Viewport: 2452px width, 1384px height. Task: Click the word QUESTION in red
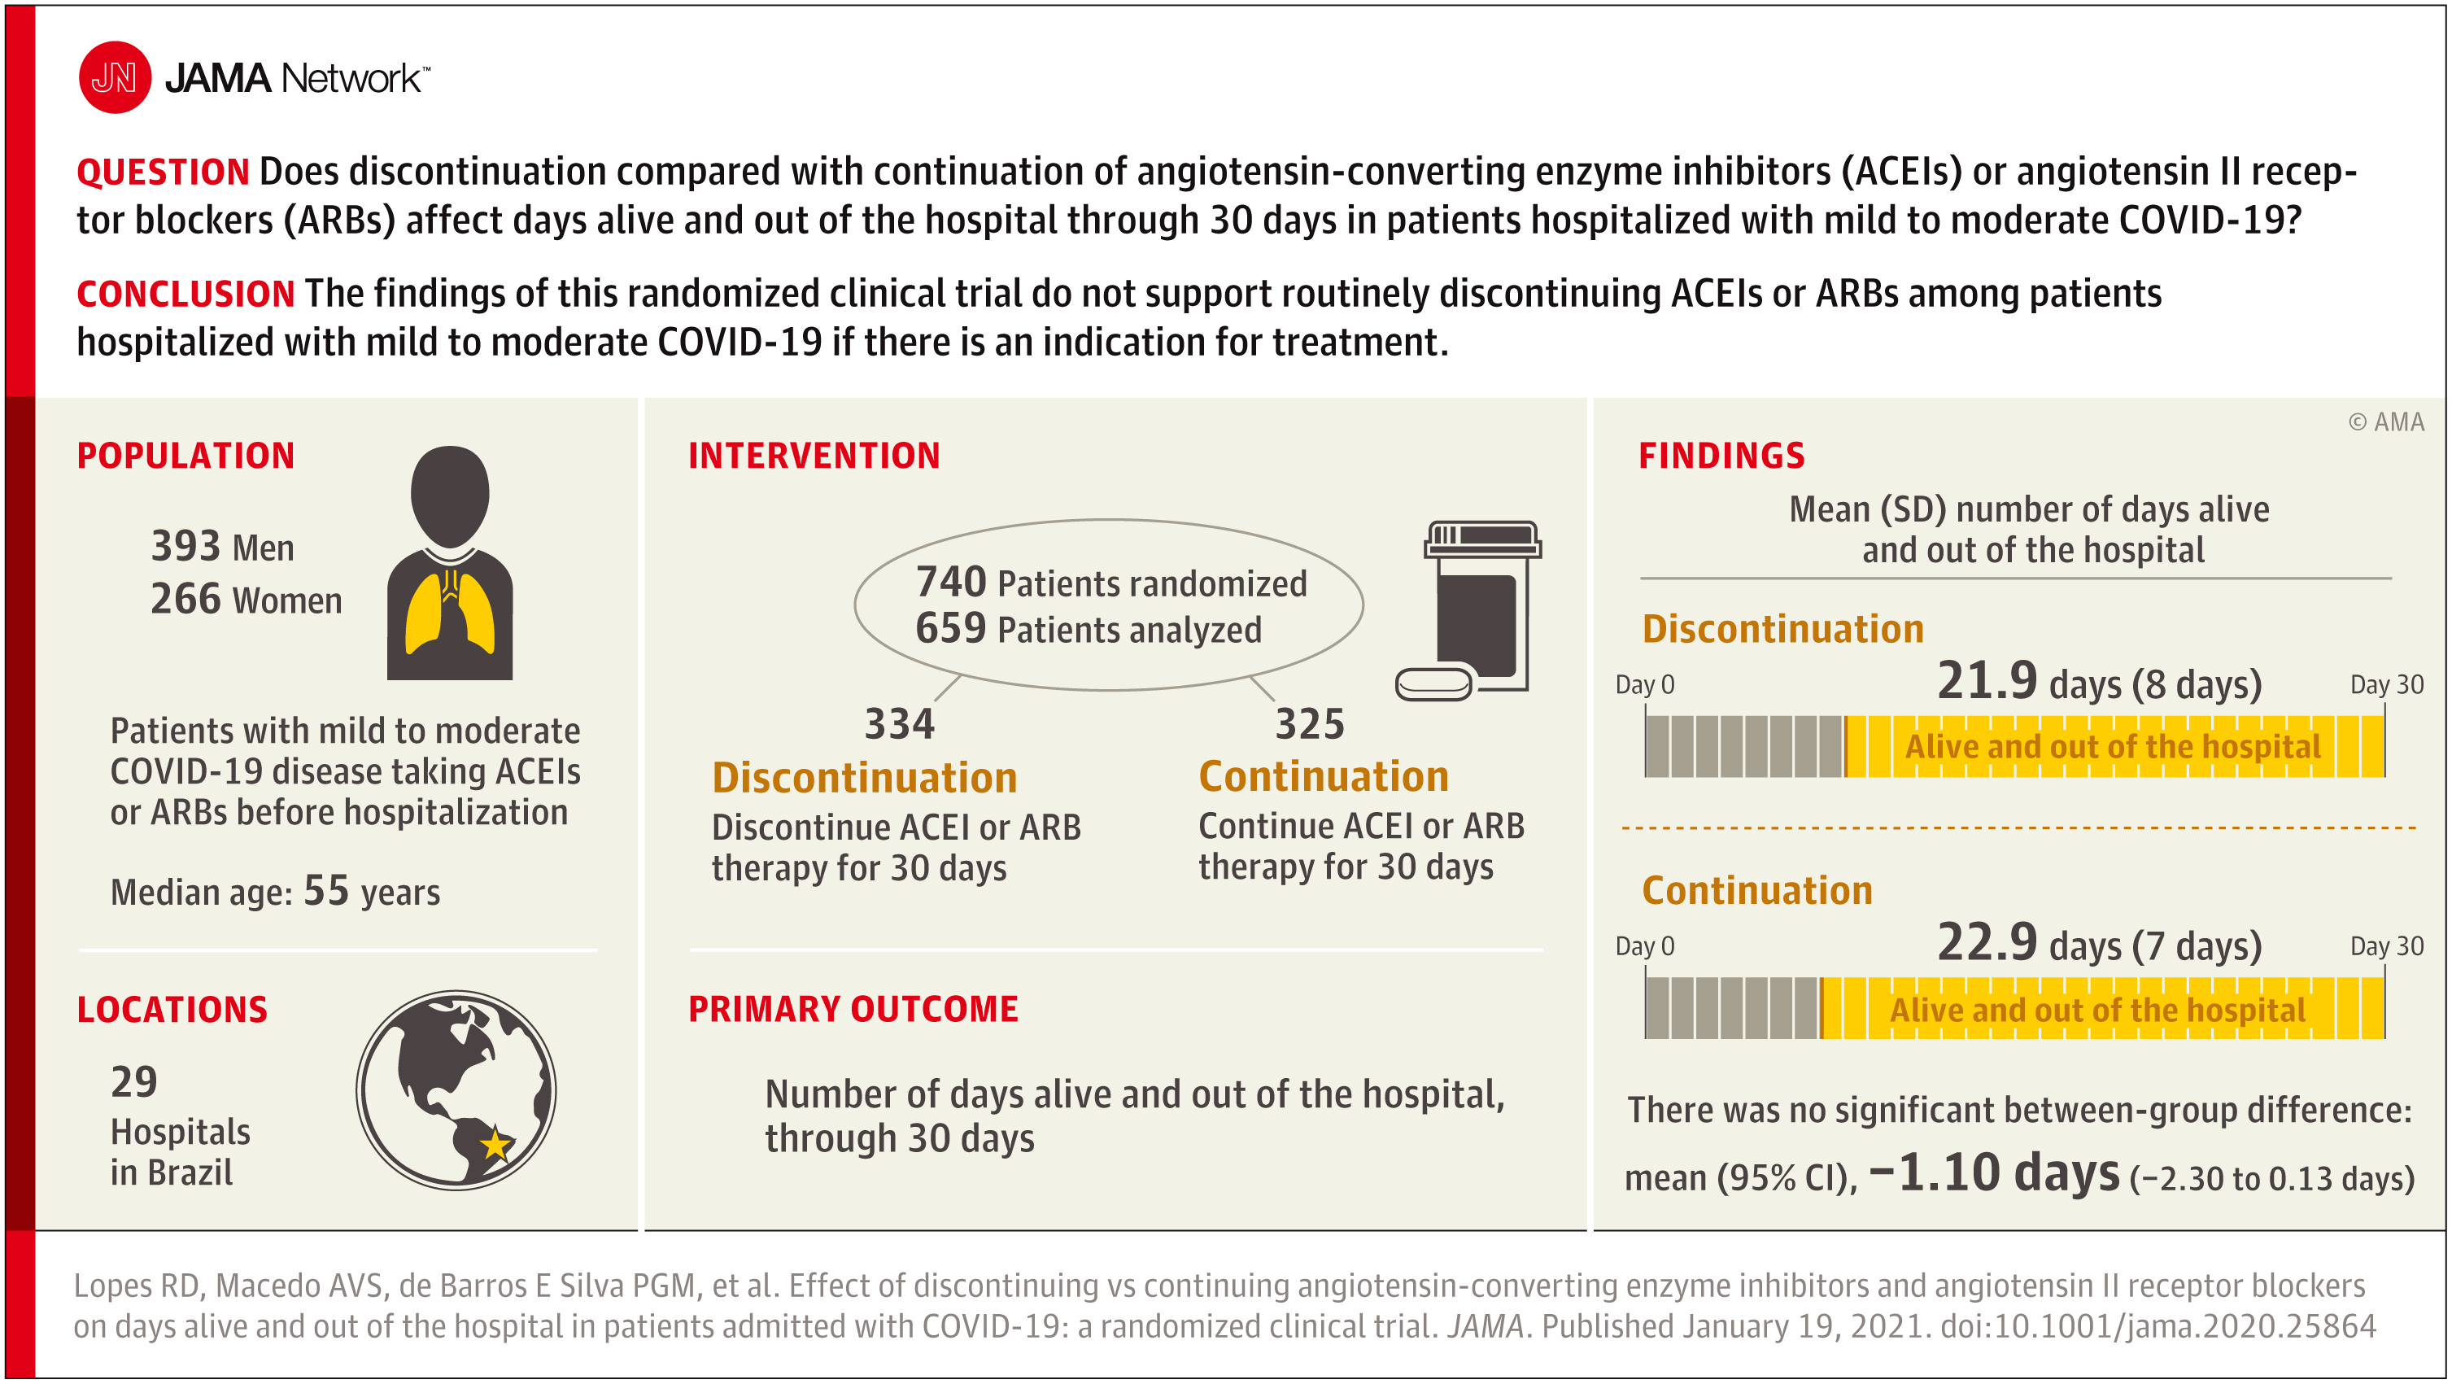(163, 172)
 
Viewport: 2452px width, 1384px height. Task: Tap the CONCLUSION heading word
(185, 294)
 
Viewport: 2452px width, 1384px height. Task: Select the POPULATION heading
(185, 456)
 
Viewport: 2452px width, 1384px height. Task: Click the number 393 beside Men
(185, 547)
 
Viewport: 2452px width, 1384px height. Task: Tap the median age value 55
(326, 891)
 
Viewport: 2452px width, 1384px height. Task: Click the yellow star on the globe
(495, 1143)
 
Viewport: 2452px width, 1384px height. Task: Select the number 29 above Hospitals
(134, 1082)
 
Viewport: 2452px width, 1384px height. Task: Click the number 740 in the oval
(951, 582)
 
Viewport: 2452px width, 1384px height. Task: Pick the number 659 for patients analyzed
(951, 628)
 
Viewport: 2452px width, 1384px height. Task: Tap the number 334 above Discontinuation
(900, 723)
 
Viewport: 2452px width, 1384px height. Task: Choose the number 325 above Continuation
(1310, 723)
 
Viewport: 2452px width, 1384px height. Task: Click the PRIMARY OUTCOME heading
(853, 1009)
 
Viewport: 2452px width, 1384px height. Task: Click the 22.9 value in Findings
(1987, 942)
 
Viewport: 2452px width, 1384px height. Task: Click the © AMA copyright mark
(2386, 422)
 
